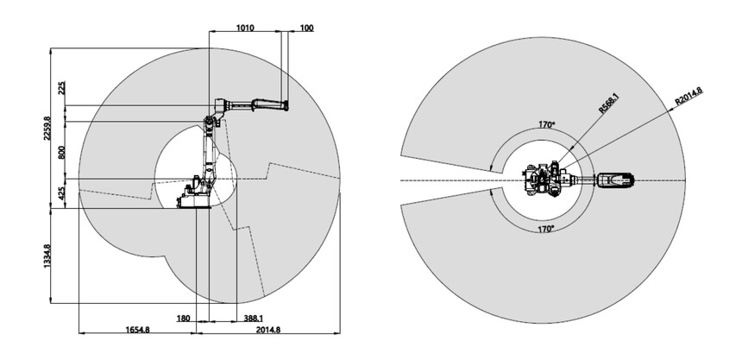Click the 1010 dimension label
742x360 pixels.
pyautogui.click(x=245, y=28)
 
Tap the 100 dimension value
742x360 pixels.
pyautogui.click(x=306, y=28)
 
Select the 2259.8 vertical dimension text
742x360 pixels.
pyautogui.click(x=47, y=128)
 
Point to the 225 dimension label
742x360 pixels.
pyautogui.click(x=61, y=88)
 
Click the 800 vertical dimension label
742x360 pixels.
pyautogui.click(x=61, y=152)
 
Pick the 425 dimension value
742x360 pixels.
pyautogui.click(x=61, y=193)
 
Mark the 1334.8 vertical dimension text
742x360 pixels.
pyautogui.click(x=47, y=256)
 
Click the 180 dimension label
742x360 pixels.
pyautogui.click(x=183, y=319)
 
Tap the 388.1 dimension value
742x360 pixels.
pyautogui.click(x=254, y=319)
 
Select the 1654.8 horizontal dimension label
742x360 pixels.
pyautogui.click(x=138, y=330)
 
